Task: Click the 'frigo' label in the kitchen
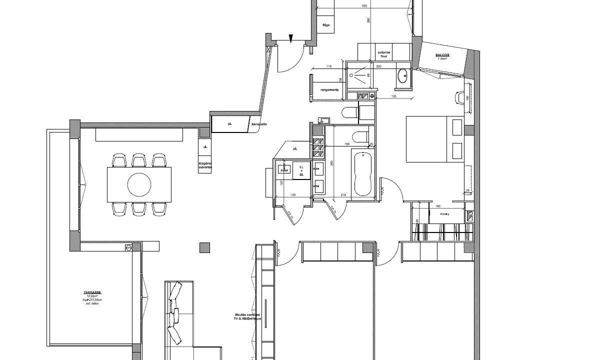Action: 326,25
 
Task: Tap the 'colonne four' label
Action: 384,54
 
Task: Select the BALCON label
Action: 442,56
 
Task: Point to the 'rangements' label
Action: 329,90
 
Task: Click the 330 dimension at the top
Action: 364,6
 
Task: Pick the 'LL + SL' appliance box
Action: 301,170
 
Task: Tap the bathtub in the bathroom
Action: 361,173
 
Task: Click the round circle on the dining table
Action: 139,184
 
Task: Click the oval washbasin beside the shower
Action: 403,76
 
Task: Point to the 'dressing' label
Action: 444,214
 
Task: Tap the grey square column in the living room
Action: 205,247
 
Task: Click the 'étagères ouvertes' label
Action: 205,165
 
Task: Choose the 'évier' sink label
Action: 284,170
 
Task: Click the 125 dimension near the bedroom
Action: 393,96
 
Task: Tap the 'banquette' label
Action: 259,124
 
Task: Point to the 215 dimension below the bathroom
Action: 344,194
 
